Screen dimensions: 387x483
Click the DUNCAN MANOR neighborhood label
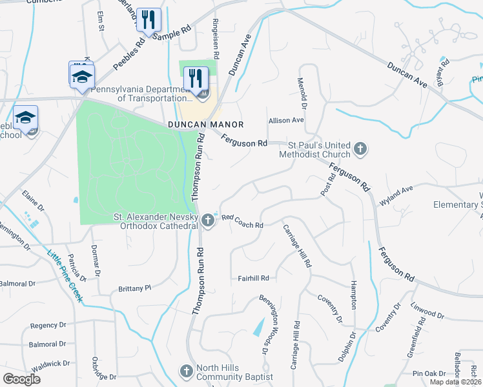pos(205,124)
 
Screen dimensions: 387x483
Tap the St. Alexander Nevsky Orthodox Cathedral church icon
pos(208,221)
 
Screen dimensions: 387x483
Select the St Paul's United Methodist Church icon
pos(360,150)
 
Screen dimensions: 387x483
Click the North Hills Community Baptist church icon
pos(186,371)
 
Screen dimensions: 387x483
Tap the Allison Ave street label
pos(286,120)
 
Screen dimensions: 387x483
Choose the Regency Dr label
pos(44,325)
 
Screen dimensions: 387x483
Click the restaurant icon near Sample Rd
pos(149,20)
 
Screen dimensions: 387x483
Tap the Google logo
pos(21,379)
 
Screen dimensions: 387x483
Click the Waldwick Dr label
pos(50,364)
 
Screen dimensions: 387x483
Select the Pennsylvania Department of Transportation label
pos(143,94)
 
